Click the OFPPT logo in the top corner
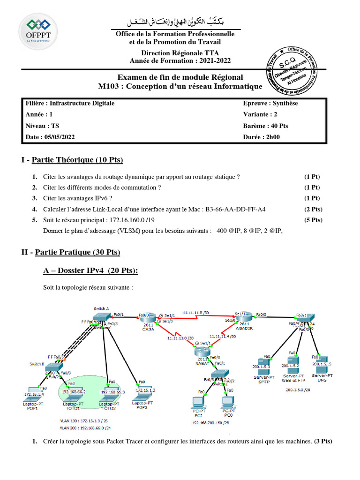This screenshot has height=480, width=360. pos(37,31)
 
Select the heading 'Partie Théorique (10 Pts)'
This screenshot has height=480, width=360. pos(77,160)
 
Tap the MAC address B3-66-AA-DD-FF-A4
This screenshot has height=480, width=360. pos(238,210)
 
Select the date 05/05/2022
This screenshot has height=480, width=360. pos(59,137)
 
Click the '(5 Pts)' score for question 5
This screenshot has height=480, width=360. pos(313,220)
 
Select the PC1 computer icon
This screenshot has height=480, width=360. pos(198,403)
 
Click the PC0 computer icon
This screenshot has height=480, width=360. pos(228,403)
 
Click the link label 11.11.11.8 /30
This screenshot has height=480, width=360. pos(196,311)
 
